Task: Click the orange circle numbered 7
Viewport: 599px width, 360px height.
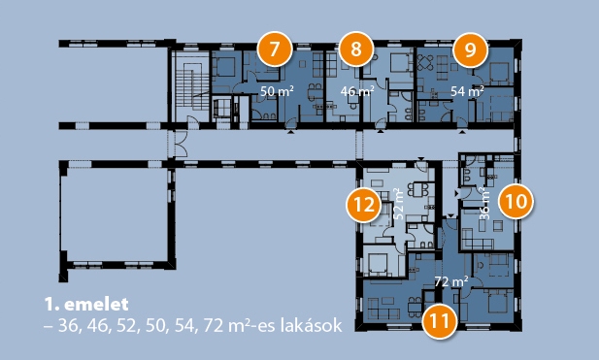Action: pyautogui.click(x=275, y=49)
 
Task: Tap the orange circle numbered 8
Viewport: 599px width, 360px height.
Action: pyautogui.click(x=355, y=49)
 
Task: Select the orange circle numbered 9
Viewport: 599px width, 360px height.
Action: pyautogui.click(x=470, y=50)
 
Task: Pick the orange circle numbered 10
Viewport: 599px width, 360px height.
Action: pyautogui.click(x=516, y=201)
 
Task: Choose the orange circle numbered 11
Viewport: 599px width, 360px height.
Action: pyautogui.click(x=440, y=321)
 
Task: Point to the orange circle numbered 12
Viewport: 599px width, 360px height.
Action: pyautogui.click(x=363, y=205)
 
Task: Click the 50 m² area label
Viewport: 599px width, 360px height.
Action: pyautogui.click(x=277, y=91)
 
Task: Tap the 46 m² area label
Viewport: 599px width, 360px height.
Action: pyautogui.click(x=357, y=91)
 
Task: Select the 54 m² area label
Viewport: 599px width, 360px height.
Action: pyautogui.click(x=467, y=91)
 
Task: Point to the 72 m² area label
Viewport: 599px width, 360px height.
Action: pyautogui.click(x=451, y=282)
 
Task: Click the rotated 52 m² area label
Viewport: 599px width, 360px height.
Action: pyautogui.click(x=398, y=203)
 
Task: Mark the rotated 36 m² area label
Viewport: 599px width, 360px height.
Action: pyautogui.click(x=484, y=203)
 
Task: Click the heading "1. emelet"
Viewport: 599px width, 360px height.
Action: pyautogui.click(x=86, y=305)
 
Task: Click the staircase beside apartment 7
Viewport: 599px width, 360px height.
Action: pyautogui.click(x=190, y=87)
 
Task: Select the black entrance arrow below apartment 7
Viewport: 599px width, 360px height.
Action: pyautogui.click(x=291, y=132)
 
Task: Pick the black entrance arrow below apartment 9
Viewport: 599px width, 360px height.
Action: pyautogui.click(x=463, y=132)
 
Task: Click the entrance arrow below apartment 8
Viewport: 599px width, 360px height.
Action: pyautogui.click(x=381, y=132)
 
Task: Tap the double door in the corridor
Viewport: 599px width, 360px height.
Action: pyautogui.click(x=181, y=144)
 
